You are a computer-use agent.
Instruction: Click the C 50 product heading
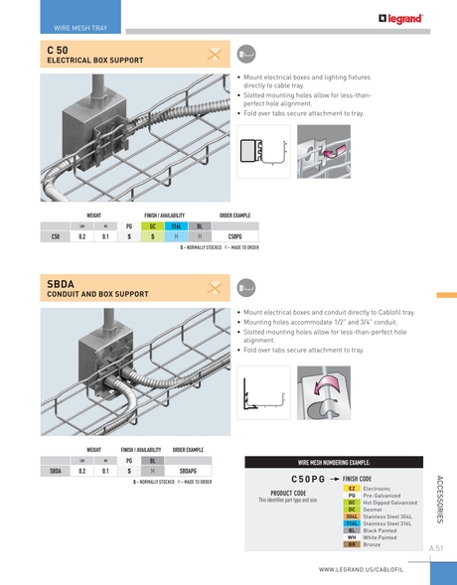tap(57, 49)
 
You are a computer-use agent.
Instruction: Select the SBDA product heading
tap(61, 283)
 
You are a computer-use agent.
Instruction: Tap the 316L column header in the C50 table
tap(175, 225)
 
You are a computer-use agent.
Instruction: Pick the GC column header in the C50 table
tap(152, 225)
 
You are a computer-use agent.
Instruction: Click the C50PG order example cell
tap(234, 236)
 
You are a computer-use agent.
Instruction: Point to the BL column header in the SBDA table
tap(152, 460)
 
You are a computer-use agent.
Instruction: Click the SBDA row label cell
tap(57, 471)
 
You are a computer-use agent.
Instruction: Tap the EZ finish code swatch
tap(352, 489)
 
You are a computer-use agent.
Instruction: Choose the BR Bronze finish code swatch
tap(352, 544)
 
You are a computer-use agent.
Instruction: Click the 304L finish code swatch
tap(352, 516)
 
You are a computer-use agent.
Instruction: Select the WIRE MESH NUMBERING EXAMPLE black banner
tap(334, 463)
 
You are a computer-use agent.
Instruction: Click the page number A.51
tap(435, 547)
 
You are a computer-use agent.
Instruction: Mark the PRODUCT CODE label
tap(287, 493)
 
